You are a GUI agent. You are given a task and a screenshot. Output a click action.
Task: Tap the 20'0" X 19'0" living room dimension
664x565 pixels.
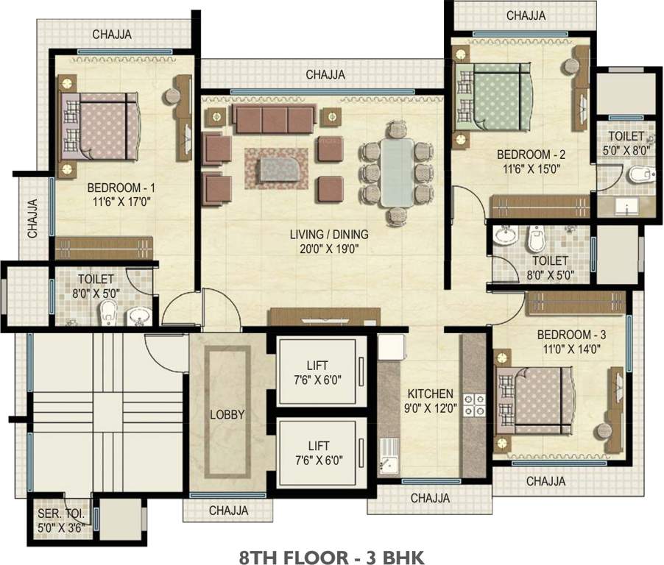coord(328,249)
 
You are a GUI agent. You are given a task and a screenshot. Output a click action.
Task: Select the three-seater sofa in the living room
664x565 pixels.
coord(275,119)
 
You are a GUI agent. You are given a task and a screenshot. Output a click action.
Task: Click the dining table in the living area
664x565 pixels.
coord(396,172)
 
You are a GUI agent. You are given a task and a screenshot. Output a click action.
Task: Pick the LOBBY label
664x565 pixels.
coord(227,415)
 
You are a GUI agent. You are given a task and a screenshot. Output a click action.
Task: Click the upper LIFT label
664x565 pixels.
coord(317,365)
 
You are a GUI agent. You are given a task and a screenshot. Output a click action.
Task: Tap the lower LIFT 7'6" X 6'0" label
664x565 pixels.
coord(319,453)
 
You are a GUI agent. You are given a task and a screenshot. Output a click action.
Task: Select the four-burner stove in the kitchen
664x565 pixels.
coord(474,405)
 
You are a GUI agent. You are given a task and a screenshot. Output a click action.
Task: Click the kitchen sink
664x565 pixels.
coord(389,456)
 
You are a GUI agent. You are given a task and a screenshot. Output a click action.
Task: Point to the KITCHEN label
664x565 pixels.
coord(430,394)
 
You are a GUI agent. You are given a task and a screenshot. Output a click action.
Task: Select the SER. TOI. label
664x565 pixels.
coord(61,514)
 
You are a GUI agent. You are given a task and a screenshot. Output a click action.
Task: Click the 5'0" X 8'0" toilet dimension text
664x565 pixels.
coord(626,151)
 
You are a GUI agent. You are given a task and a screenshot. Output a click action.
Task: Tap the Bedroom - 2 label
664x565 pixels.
coord(531,154)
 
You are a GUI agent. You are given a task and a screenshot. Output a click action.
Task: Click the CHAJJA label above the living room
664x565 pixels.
coord(325,75)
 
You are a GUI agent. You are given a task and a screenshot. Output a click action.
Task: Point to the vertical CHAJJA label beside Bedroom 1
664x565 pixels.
coord(32,218)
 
